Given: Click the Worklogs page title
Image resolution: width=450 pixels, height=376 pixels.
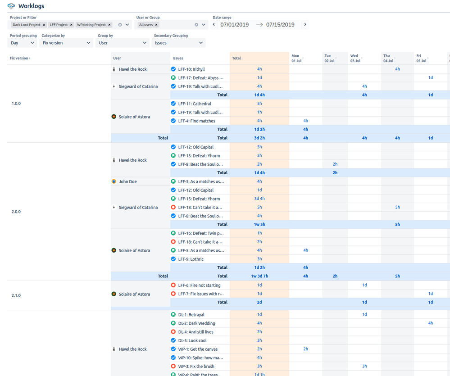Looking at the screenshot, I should (31, 6).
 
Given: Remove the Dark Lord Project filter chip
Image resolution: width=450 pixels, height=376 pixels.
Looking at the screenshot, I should (44, 25).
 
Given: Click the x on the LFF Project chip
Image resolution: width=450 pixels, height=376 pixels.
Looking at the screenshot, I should (71, 25).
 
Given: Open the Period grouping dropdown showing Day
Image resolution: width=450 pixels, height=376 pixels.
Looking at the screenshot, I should (23, 43).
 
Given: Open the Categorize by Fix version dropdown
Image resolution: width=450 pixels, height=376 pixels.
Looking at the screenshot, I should (66, 43).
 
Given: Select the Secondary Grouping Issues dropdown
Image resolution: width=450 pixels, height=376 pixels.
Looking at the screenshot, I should (179, 43).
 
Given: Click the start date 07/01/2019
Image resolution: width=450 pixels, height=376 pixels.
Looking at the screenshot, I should (235, 25).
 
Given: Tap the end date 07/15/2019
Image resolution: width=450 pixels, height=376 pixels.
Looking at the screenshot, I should (280, 25).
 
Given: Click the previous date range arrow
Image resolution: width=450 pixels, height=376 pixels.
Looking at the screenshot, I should (214, 25).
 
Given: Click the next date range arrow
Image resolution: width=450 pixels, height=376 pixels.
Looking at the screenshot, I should (305, 25).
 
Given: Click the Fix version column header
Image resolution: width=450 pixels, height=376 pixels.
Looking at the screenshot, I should (20, 58).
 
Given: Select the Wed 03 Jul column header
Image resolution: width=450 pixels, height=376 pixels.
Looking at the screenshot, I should (355, 58).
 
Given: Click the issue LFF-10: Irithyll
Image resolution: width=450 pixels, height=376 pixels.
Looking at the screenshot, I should (191, 69).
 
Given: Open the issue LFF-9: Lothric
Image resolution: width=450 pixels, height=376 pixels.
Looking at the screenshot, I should (191, 259).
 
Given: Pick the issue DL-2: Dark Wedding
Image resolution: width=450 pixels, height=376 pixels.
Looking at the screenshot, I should (196, 323).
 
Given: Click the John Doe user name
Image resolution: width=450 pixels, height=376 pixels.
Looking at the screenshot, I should (127, 181).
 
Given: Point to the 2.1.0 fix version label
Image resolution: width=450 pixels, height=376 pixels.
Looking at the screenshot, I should (16, 295).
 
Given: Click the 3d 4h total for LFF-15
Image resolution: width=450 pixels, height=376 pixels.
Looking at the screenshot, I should (259, 199).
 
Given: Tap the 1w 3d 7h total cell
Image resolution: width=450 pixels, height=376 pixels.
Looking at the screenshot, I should (259, 276).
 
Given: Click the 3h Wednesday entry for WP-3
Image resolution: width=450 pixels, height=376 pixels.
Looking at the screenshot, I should (364, 366).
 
